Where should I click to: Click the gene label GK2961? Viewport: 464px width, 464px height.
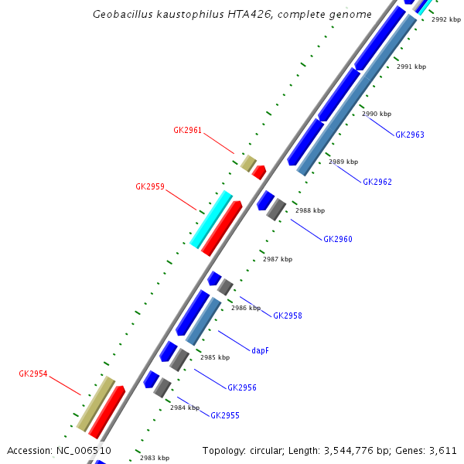(187, 131)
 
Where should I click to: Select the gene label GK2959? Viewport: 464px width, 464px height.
(149, 186)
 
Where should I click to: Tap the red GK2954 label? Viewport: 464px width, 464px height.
(33, 374)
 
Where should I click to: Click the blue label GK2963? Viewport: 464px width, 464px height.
(409, 135)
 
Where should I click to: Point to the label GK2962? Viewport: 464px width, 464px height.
(377, 183)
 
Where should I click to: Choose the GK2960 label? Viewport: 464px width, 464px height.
(337, 240)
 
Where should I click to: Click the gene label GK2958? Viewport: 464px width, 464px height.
(287, 316)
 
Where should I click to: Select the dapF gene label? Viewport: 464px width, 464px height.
(260, 350)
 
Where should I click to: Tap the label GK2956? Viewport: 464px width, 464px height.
(241, 388)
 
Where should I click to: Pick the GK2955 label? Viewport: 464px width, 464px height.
(224, 416)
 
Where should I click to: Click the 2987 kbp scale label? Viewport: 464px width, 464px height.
(278, 259)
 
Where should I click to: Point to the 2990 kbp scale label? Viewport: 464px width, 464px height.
(377, 114)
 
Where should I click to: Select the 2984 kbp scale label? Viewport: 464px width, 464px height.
(185, 408)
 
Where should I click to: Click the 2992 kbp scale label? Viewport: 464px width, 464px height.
(446, 19)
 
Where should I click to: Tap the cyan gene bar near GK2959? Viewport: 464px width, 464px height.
(211, 219)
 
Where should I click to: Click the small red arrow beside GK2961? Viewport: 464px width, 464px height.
(259, 172)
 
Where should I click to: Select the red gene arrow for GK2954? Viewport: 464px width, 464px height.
(107, 411)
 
